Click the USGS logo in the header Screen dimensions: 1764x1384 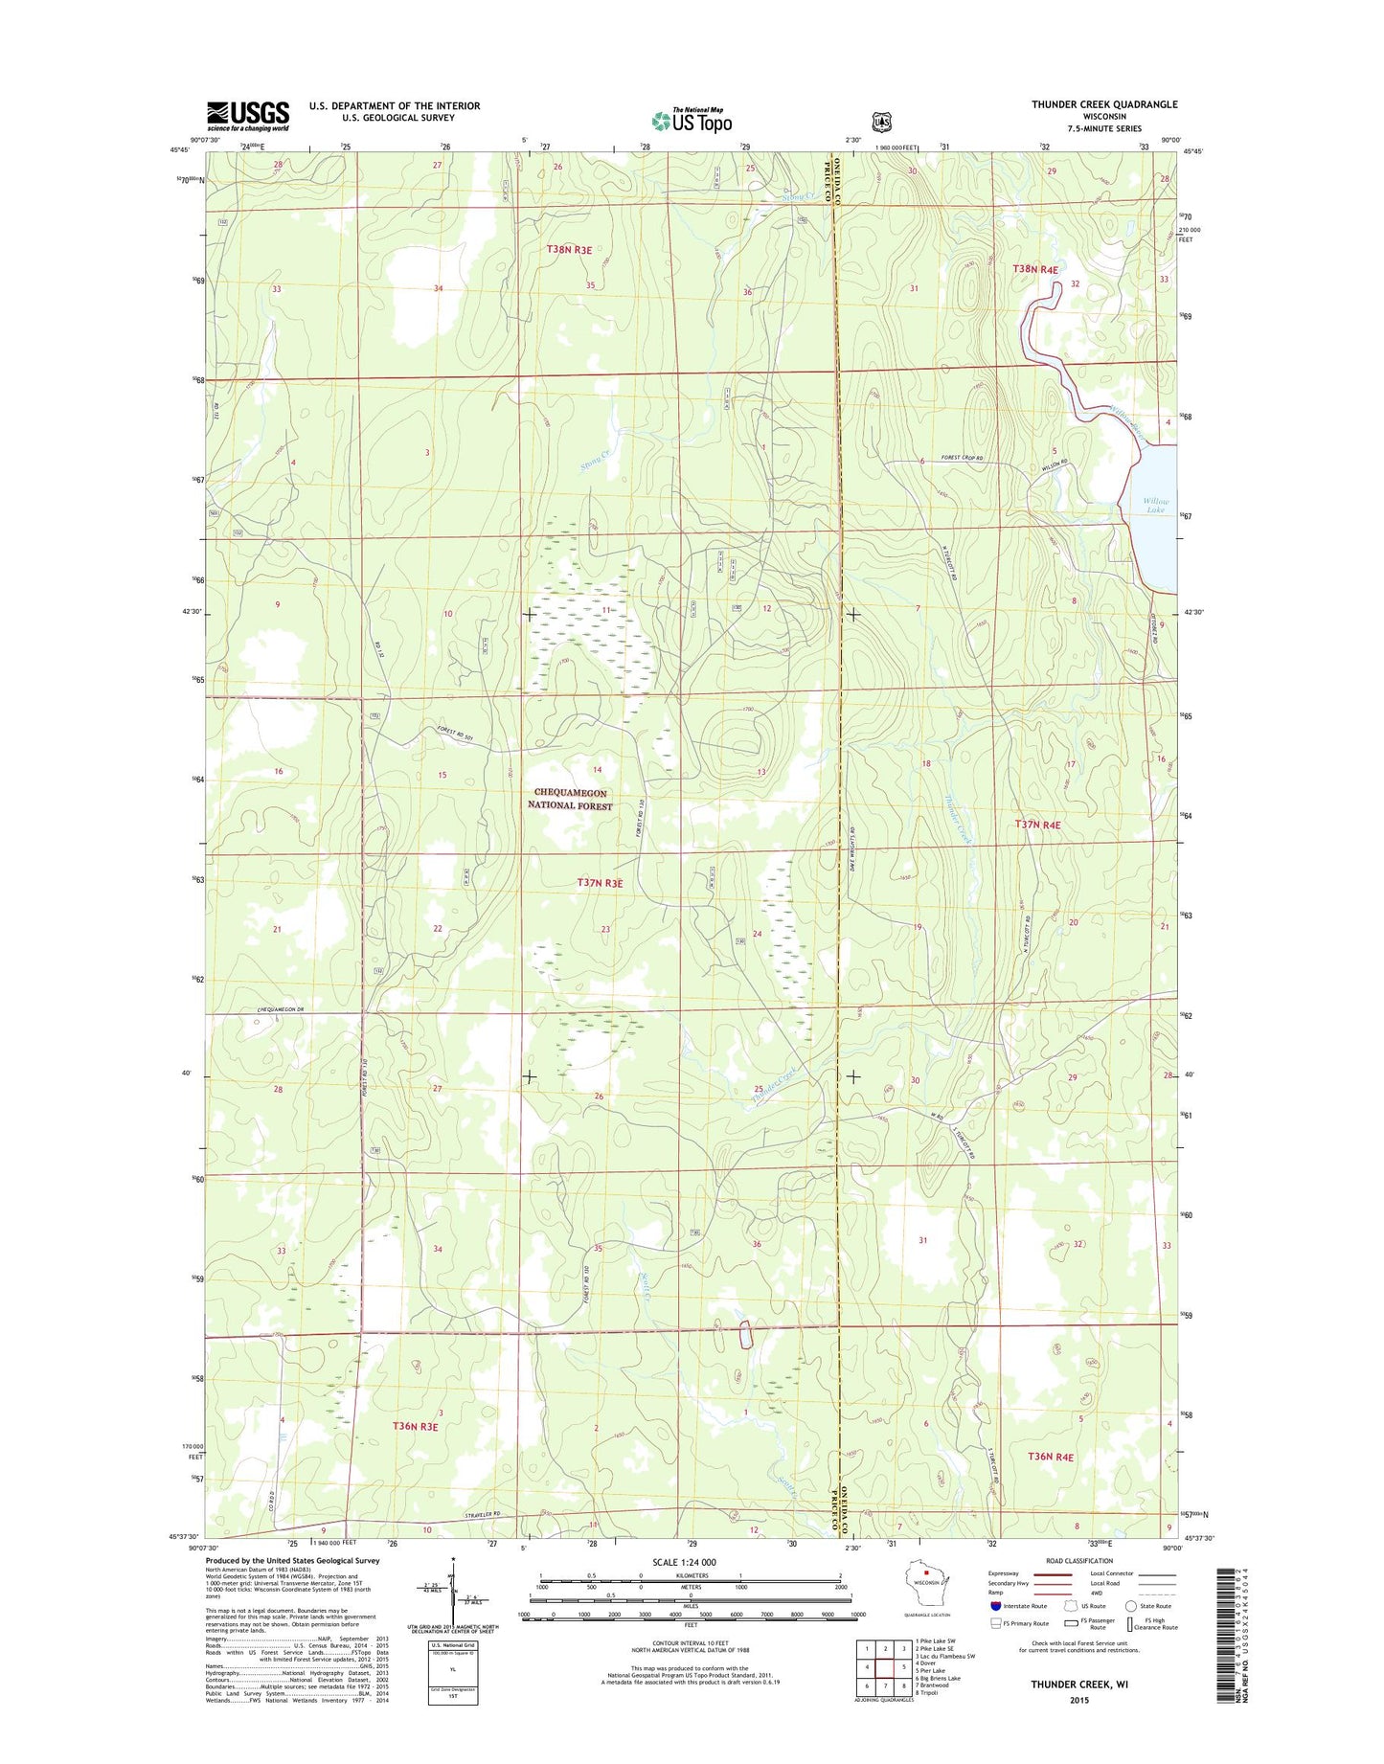click(247, 116)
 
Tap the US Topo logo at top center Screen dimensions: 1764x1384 click(692, 121)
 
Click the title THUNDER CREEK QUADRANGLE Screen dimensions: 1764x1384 click(1104, 104)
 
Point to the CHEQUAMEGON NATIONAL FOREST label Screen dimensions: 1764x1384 click(570, 800)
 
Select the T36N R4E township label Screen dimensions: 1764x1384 click(1051, 1457)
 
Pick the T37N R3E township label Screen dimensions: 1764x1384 click(600, 883)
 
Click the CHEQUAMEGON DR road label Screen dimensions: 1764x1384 click(281, 1011)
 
